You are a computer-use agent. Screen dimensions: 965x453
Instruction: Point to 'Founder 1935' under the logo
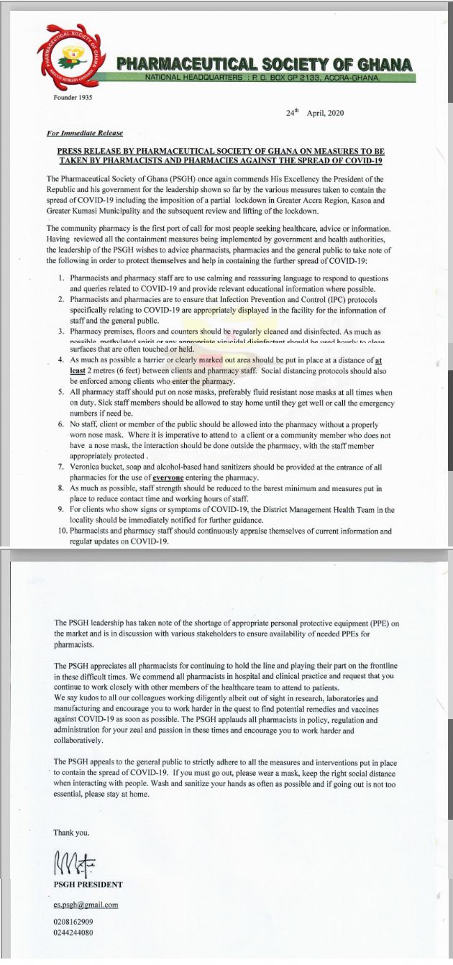coord(73,97)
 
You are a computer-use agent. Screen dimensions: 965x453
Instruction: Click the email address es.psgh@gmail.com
coord(86,905)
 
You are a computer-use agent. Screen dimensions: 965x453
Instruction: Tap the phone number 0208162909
coord(73,921)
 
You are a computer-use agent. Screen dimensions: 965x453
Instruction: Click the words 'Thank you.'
coord(72,832)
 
